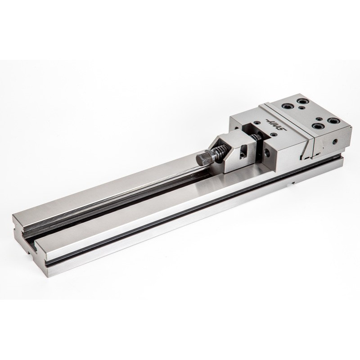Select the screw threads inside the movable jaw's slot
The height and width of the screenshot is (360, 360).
pos(255,138)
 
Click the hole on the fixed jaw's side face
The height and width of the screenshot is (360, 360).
pos(336,141)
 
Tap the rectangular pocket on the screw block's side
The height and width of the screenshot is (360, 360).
pos(243,154)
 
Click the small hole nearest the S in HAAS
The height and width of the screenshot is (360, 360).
pos(273,134)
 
